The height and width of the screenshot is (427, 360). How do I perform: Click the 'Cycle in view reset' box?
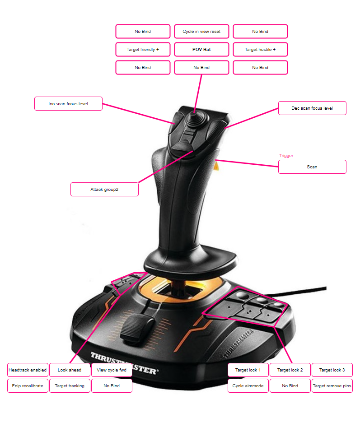coord(201,31)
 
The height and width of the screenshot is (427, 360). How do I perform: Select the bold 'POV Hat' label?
coord(201,49)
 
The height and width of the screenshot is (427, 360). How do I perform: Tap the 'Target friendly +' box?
coord(143,49)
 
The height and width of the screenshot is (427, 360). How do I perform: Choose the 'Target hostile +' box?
coord(260,49)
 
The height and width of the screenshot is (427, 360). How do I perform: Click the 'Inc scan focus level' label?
coord(68,103)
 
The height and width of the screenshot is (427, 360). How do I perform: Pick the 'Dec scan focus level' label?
coord(312,108)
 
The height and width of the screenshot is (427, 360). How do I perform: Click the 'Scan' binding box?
coord(312,167)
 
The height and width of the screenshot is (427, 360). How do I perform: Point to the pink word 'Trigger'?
coord(286,155)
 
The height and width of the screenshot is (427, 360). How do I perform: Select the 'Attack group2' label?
coord(104,189)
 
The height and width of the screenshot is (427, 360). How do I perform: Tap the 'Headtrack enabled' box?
coord(28,370)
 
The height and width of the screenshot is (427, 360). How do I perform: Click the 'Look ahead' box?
coord(70,370)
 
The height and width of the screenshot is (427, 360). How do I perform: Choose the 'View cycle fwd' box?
coord(112,370)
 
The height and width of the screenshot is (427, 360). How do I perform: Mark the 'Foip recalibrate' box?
coord(28,385)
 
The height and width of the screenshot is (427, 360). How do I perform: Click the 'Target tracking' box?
coord(70,385)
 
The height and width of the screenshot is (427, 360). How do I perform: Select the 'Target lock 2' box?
coord(290,370)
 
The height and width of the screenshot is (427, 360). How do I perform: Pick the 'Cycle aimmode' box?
coord(248,385)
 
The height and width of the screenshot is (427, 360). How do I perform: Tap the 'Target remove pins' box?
coord(332,385)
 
